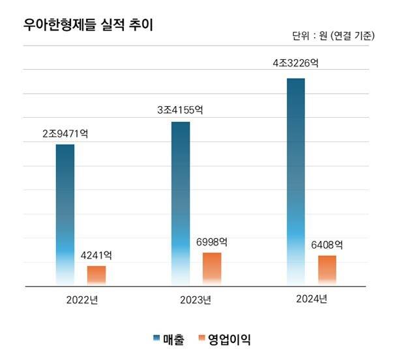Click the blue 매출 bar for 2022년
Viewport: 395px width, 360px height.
click(65, 215)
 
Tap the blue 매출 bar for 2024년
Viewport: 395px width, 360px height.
click(296, 182)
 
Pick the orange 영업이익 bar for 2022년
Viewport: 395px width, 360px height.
click(96, 275)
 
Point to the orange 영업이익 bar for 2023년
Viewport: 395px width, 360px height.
click(212, 269)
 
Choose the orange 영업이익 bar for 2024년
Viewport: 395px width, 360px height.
click(327, 270)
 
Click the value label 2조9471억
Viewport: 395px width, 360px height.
click(65, 133)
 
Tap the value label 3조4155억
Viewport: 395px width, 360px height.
click(181, 111)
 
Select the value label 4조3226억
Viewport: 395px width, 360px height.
click(296, 64)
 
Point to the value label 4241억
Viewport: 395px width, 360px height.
click(96, 255)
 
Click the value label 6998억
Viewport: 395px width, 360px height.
click(212, 242)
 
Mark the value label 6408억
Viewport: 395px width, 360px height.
click(327, 245)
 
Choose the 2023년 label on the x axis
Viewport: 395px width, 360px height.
click(196, 301)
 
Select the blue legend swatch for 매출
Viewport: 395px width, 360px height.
click(156, 337)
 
